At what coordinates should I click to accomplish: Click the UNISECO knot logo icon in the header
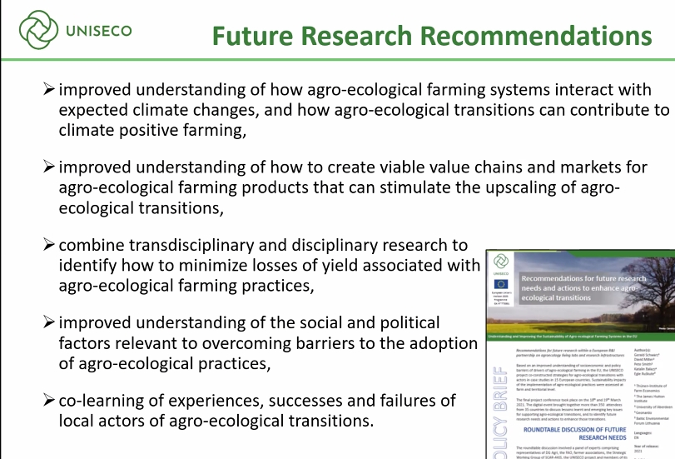click(36, 30)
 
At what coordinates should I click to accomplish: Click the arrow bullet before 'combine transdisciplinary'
click(49, 246)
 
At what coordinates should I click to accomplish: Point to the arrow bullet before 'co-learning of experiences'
click(49, 401)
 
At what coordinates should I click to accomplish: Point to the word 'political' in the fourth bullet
click(405, 323)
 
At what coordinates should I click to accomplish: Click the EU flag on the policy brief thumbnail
click(500, 283)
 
